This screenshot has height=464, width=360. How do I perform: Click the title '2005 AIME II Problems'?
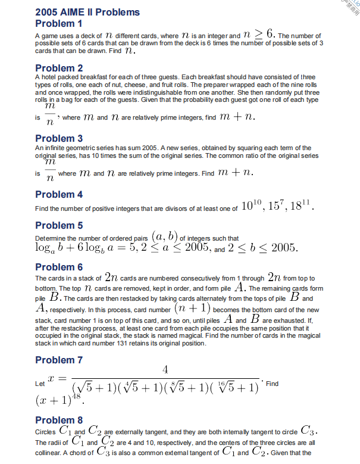[x=87, y=12]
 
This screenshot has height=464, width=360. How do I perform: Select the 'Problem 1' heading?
[x=59, y=24]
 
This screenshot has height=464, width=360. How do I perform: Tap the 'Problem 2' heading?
[x=59, y=68]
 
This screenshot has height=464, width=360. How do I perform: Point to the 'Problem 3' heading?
[x=59, y=138]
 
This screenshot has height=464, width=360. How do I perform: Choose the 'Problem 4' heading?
[x=59, y=194]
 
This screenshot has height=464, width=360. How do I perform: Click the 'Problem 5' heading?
[x=59, y=225]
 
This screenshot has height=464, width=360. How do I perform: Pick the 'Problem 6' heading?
[x=59, y=267]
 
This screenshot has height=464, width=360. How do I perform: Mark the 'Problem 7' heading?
[x=59, y=360]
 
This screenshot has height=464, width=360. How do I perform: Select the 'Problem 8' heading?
[x=59, y=420]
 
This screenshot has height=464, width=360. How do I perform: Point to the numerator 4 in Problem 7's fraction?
[x=165, y=370]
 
